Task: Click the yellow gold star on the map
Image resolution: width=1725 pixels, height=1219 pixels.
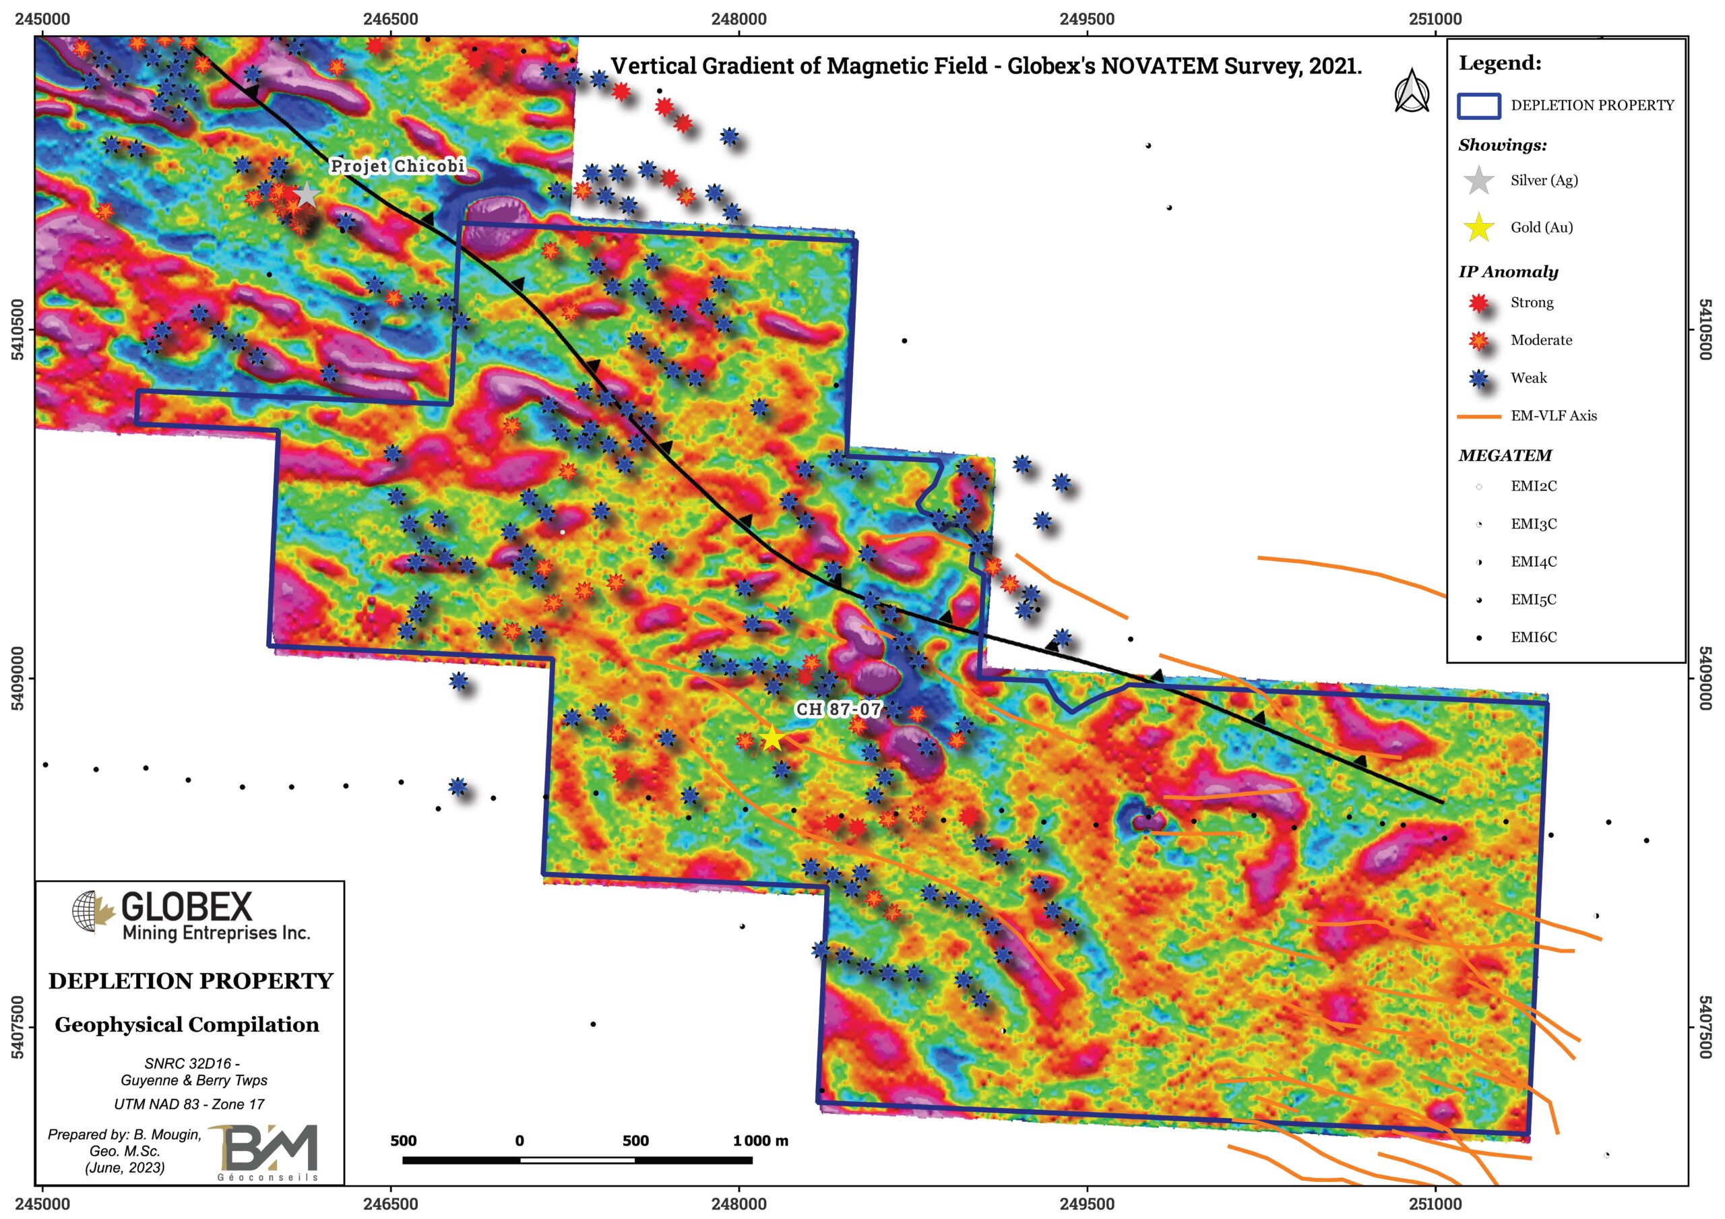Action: coord(772,739)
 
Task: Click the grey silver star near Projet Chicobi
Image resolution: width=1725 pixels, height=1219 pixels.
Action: coord(307,195)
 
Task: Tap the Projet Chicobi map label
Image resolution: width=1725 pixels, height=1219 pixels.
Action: coord(398,166)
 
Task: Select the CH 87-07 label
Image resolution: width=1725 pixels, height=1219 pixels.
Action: coord(838,709)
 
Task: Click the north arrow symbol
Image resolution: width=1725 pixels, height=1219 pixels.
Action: coord(1412,92)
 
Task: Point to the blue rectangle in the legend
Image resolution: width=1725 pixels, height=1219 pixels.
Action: coord(1478,106)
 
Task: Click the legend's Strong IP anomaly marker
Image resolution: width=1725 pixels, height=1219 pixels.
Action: coord(1478,303)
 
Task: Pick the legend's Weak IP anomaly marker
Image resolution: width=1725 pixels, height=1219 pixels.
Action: coord(1478,378)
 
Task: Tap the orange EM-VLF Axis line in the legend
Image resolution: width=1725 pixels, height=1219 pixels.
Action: coord(1478,416)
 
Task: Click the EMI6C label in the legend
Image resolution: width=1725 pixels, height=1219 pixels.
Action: coord(1534,637)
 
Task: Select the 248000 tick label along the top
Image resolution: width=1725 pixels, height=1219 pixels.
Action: coord(739,19)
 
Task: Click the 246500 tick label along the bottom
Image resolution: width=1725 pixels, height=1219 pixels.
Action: coord(390,1204)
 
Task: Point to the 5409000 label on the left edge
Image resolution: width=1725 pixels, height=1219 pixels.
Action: coord(18,679)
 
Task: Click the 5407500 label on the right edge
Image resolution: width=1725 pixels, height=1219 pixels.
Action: coord(1705,1026)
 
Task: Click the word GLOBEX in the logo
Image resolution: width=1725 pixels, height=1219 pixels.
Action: coord(187,907)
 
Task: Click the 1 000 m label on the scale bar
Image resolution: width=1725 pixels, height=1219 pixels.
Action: coord(760,1141)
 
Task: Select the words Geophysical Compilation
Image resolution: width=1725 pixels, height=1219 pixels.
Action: coord(187,1025)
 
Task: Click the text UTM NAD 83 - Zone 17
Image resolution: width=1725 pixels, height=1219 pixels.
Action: coord(189,1104)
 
